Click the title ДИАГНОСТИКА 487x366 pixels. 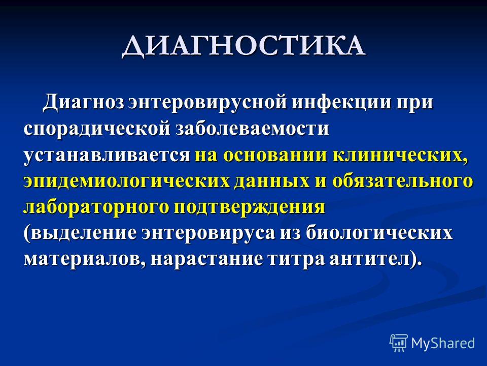pos(243,47)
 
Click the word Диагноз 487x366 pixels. pos(84,102)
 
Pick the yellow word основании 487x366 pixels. pos(275,155)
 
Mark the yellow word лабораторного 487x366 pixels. pos(96,207)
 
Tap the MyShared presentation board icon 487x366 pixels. pos(399,343)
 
